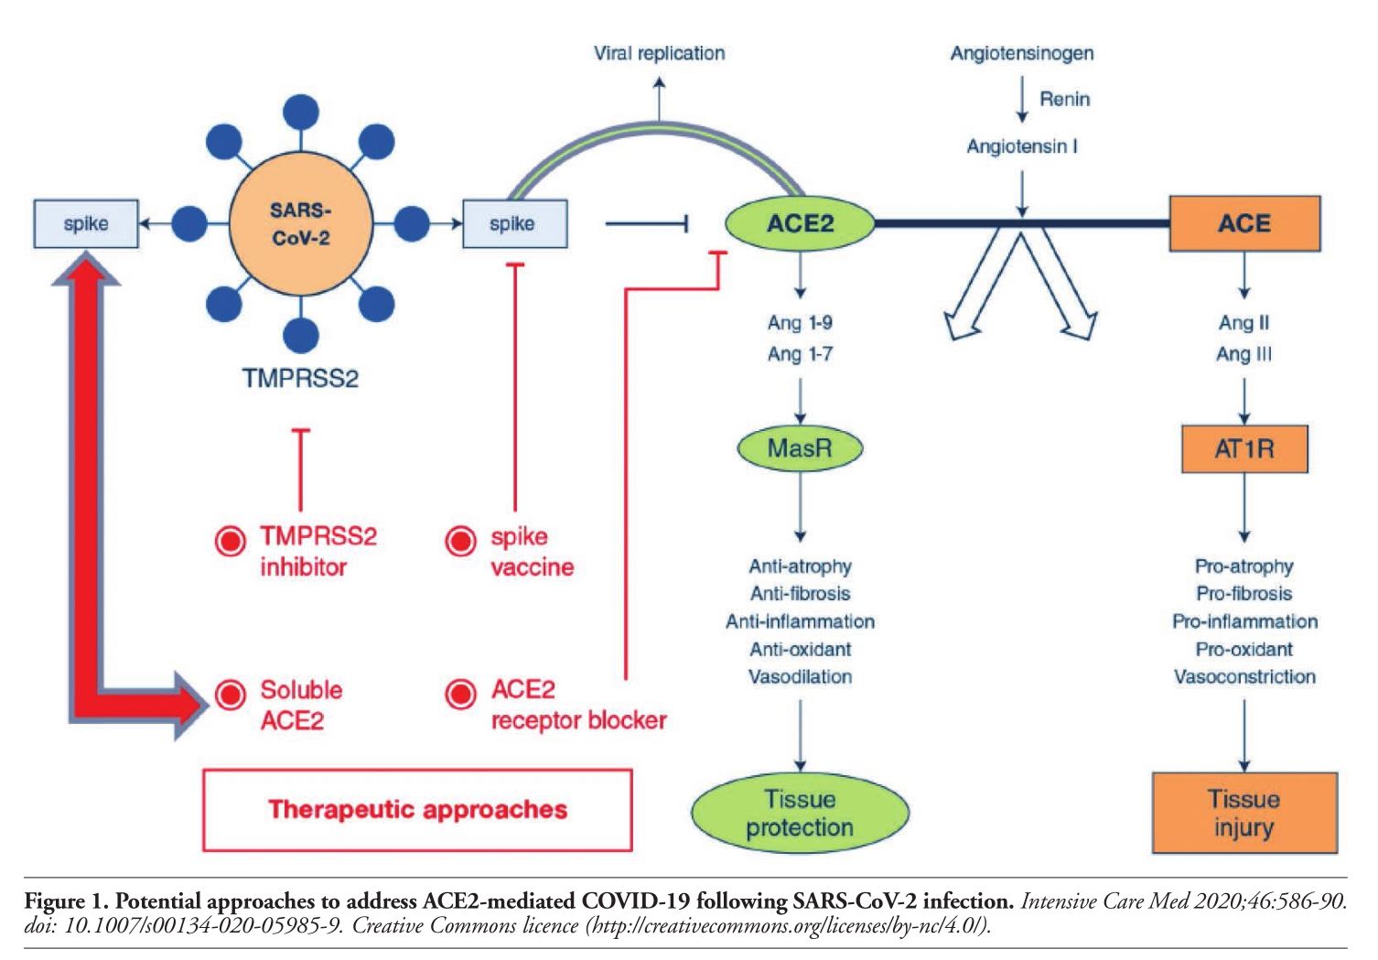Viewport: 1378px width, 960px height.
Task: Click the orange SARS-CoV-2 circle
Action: tap(300, 224)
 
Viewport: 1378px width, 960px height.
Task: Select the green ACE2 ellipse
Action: tap(800, 222)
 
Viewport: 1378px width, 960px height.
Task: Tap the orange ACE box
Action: tap(1244, 223)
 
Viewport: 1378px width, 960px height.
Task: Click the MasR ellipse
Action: tap(800, 448)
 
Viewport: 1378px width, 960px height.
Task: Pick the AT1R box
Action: tap(1244, 448)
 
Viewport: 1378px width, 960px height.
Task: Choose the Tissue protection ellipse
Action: tap(800, 813)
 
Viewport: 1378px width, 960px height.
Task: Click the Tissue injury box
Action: tap(1243, 813)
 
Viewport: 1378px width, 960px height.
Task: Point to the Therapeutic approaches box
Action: tap(417, 809)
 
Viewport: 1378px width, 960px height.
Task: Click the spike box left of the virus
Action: tap(86, 222)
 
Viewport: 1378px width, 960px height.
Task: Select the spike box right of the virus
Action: tap(512, 222)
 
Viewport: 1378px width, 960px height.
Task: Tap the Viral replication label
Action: tap(659, 53)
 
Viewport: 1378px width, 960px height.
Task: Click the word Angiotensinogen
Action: tap(1021, 53)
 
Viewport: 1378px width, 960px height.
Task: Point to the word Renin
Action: tap(1064, 99)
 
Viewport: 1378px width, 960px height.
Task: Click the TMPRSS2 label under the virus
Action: tap(300, 377)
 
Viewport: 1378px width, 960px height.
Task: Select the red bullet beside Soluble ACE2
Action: tap(230, 695)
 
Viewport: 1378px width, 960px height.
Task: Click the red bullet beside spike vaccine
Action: tap(460, 541)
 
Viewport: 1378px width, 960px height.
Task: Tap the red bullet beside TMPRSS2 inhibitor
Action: tap(230, 541)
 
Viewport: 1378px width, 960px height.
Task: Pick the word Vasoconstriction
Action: tap(1244, 677)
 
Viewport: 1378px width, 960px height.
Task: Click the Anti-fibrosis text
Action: tap(800, 594)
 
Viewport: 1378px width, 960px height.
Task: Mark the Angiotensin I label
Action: tap(1021, 146)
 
